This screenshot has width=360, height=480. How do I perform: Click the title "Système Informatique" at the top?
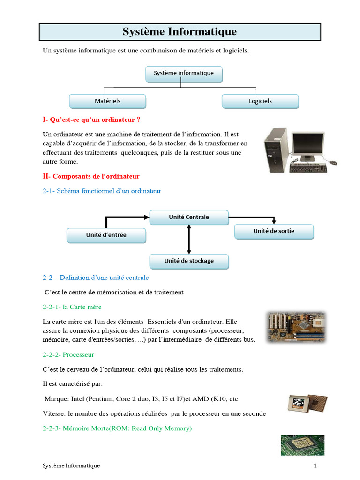tap(180, 32)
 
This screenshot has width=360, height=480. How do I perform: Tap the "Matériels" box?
tap(107, 101)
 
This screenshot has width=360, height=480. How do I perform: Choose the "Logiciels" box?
tap(260, 101)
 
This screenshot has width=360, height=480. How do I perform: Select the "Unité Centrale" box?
tap(189, 217)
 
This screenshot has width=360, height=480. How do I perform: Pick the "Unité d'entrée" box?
tap(106, 235)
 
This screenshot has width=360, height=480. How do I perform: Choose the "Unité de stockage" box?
tap(189, 261)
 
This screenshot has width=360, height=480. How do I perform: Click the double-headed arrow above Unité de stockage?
tap(189, 239)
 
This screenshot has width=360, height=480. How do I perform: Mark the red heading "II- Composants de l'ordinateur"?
tap(91, 176)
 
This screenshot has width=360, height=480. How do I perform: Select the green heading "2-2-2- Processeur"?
tap(68, 355)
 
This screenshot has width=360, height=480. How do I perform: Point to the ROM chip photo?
tap(302, 445)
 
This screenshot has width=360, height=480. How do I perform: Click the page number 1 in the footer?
tap(315, 466)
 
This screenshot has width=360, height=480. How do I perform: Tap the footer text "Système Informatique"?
tap(71, 466)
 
